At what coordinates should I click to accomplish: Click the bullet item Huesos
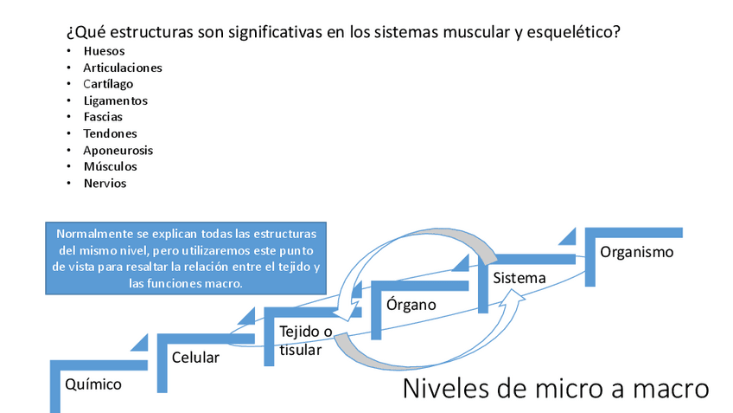point(104,51)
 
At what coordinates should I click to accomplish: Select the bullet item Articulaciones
point(123,68)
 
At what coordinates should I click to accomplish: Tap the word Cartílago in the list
point(109,84)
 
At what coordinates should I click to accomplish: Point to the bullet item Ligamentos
point(115,100)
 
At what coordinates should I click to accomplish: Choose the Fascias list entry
point(103,117)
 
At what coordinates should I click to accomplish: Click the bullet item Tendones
point(110,133)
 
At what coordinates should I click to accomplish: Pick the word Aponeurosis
point(118,150)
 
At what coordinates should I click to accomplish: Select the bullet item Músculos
point(110,166)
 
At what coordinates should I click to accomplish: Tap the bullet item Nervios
point(105,183)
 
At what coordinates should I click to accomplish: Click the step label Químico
point(93,384)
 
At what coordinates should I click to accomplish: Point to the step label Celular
point(195,357)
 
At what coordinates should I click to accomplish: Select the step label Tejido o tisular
point(305,340)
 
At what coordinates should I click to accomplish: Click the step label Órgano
point(411,305)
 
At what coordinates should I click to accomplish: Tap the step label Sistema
point(519,278)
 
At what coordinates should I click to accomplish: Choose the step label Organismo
point(636,252)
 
